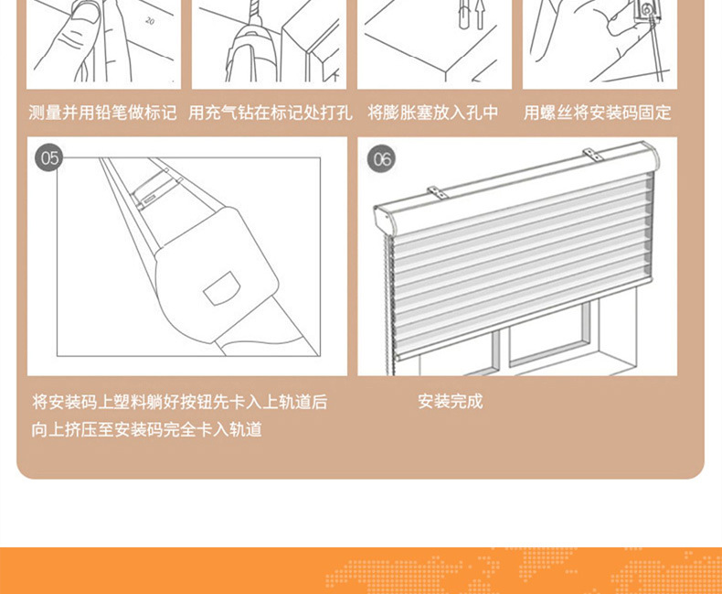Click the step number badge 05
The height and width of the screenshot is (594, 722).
[x=49, y=158]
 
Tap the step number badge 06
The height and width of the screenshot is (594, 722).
[x=381, y=159]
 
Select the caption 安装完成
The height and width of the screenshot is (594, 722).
[x=450, y=401]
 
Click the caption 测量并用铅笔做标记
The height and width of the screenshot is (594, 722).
[x=102, y=113]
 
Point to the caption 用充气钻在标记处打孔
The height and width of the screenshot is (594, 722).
[x=270, y=113]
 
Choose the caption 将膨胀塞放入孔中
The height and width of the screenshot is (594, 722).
[x=433, y=113]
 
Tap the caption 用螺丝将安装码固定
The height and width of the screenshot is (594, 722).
[x=597, y=113]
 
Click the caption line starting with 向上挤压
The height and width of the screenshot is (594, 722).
[x=147, y=429]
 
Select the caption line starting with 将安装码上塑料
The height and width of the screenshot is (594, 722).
[x=179, y=402]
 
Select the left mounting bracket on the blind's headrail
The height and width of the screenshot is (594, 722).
[x=441, y=192]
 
